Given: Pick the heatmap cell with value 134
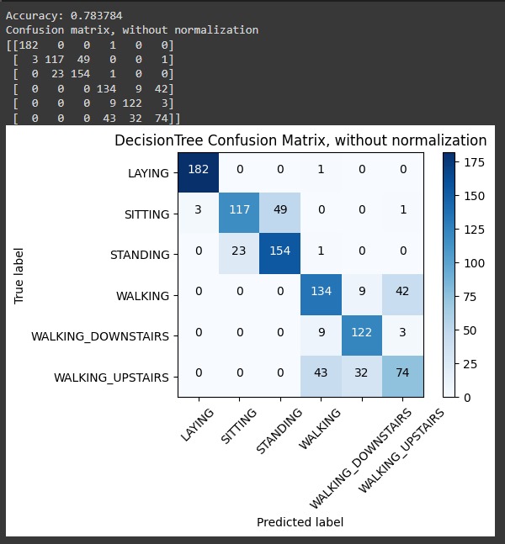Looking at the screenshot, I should click(321, 296).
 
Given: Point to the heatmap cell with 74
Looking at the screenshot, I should click(403, 378).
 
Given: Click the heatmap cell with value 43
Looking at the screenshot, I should click(321, 378).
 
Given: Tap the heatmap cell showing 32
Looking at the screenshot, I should click(362, 378).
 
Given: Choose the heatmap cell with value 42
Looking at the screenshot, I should click(403, 296).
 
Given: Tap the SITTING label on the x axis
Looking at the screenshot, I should click(239, 426).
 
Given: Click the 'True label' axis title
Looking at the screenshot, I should click(19, 275).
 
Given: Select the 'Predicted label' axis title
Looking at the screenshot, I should click(300, 522).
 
